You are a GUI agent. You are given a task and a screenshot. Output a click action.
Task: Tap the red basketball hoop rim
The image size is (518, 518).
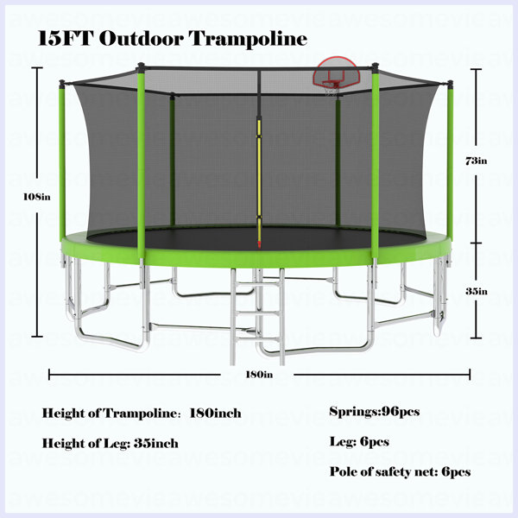[x=331, y=84]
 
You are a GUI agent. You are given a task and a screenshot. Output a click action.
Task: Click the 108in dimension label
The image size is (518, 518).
[x=37, y=197]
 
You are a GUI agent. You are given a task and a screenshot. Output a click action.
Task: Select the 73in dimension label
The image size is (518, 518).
[x=476, y=161]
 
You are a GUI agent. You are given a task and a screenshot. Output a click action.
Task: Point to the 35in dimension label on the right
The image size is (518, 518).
[x=477, y=292]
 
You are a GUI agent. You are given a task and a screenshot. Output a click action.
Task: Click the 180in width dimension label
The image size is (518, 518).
[x=259, y=375]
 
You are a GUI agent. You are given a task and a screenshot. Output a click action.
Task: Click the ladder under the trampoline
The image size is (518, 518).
[x=258, y=317]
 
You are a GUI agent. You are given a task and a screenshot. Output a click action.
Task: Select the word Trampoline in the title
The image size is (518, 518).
[x=248, y=39]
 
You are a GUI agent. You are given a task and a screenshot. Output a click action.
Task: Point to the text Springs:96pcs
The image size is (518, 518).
[x=375, y=412]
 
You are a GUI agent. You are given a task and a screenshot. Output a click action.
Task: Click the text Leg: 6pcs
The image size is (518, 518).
[x=359, y=442]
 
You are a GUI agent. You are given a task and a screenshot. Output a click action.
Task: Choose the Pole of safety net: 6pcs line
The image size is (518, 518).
[x=400, y=471]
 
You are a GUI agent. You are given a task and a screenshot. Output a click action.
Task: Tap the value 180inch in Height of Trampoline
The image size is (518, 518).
[x=215, y=414]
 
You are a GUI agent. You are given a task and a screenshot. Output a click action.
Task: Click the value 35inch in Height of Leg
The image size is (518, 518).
[x=156, y=444]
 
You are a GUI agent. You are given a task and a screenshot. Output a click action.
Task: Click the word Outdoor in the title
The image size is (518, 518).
[x=141, y=38]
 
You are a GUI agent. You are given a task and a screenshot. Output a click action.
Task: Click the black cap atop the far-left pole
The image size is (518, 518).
[x=61, y=83]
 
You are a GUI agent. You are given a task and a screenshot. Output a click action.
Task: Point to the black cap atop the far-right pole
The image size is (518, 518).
[x=450, y=84]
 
